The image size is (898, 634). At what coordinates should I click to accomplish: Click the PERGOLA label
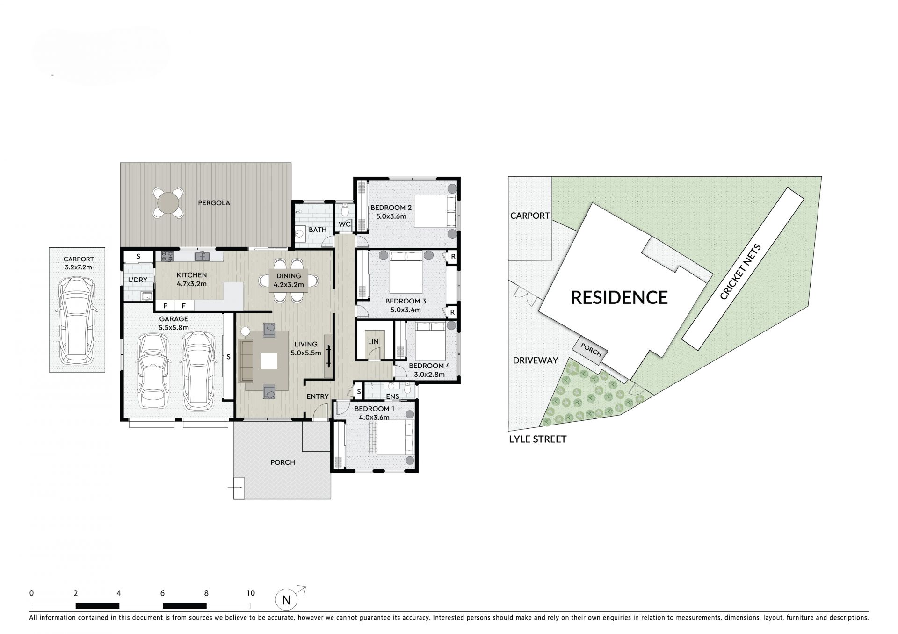pos(214,203)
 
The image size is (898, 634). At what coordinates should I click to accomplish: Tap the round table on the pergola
pos(168,203)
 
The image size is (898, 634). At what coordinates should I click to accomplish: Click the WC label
pos(345,224)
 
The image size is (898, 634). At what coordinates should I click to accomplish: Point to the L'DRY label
pos(138,280)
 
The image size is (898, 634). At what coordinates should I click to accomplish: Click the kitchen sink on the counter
pos(203,256)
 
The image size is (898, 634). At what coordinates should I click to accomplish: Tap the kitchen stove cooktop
pos(167,256)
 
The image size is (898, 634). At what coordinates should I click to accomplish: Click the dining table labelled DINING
pos(289,280)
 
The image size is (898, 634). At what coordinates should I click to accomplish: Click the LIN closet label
pos(373,342)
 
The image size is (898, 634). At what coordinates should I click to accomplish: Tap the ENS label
pos(393,396)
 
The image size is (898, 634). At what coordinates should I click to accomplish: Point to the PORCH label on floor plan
pos(283,462)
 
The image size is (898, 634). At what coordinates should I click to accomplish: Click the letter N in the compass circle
pos(286,600)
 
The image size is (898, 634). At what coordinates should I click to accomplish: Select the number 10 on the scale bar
pos(251,593)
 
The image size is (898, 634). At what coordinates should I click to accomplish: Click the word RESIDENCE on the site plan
pos(619,297)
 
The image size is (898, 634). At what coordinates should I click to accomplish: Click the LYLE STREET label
pos(538,439)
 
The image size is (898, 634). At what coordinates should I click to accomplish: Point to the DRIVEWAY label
pos(536,360)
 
